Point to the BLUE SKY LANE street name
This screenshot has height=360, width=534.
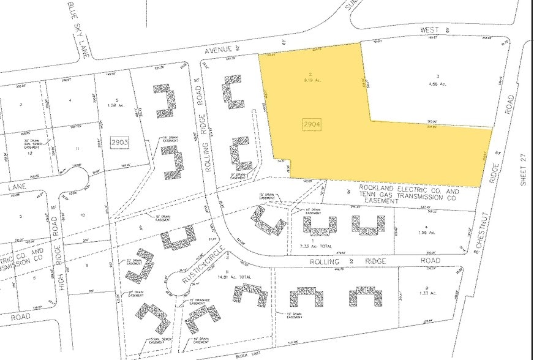(x=78, y=30)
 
